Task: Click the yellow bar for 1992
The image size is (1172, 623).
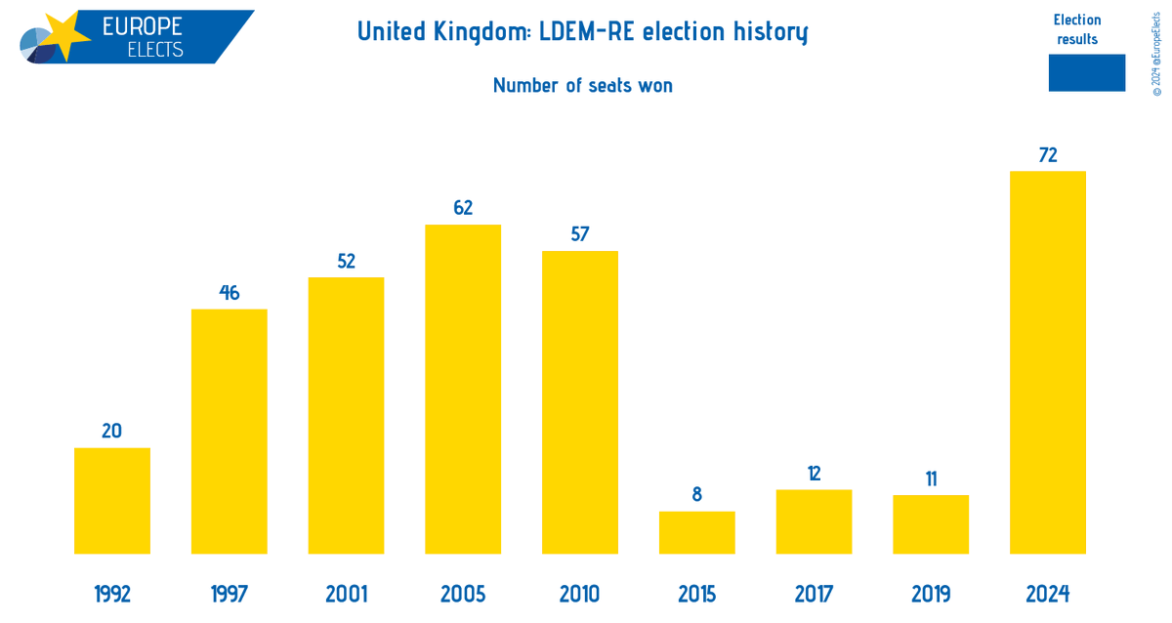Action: coord(112,501)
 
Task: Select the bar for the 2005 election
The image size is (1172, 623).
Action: coord(463,390)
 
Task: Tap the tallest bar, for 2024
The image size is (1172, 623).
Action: coord(1048,362)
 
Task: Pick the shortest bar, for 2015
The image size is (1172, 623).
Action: coord(696,532)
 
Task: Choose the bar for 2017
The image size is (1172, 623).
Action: coord(814,521)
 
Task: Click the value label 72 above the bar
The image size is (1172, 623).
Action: coord(1048,154)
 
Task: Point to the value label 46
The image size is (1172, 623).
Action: coord(230,292)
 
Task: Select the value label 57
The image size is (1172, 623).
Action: coord(580,234)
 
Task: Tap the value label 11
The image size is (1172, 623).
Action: coord(931,478)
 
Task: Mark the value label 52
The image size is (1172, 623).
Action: coord(346,261)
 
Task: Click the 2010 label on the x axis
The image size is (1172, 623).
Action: coord(580,594)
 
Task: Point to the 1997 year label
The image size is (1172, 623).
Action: coord(230,594)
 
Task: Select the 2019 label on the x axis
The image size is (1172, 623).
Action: coord(931,594)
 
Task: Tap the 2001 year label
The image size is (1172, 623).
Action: coord(346,594)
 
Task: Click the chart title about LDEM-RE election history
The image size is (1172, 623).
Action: coord(583,32)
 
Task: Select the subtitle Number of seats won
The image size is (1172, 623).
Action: coord(583,85)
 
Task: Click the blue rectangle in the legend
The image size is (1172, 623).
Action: coord(1086,73)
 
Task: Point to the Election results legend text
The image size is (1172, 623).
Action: coord(1077,29)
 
